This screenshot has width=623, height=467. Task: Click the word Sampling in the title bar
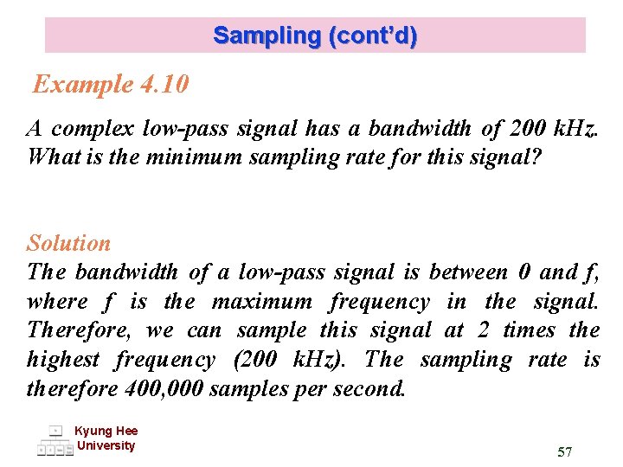point(266,36)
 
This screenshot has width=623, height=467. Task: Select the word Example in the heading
point(82,85)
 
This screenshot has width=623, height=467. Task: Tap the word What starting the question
point(53,158)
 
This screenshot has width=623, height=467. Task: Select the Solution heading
point(68,244)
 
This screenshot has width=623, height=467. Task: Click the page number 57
point(565,451)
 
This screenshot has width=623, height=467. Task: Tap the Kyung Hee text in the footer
point(106,431)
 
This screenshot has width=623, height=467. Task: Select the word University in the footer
point(106,445)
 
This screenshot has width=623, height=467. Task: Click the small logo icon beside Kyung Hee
point(55,440)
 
